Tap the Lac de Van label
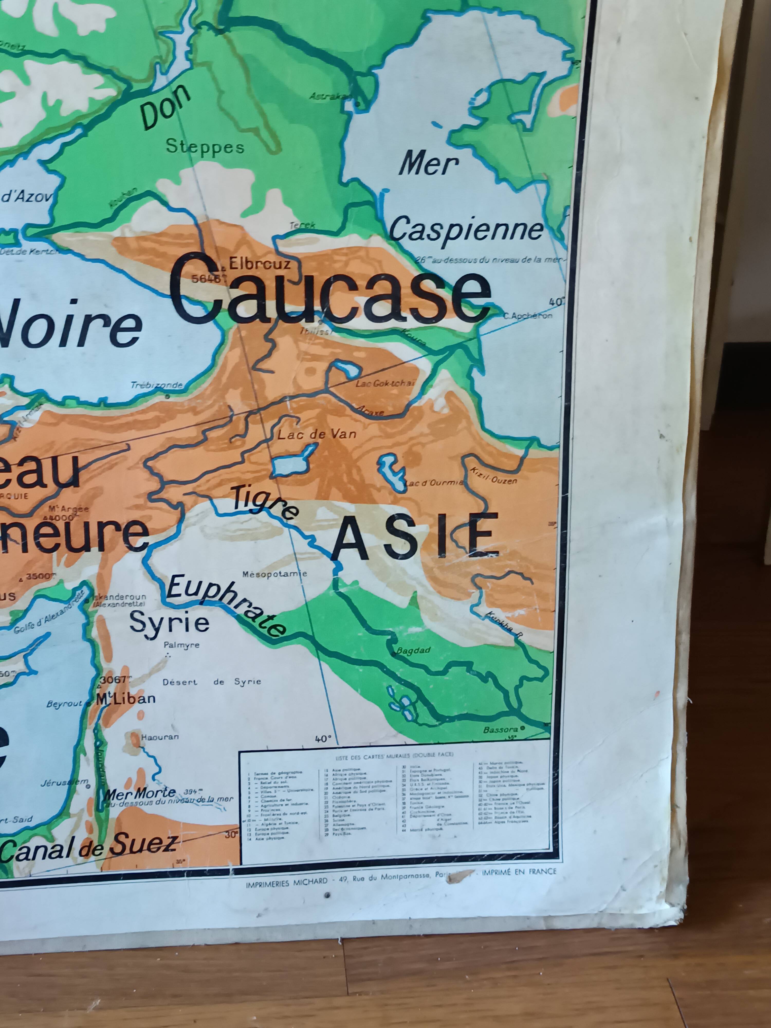pyautogui.click(x=317, y=434)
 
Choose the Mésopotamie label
pyautogui.click(x=275, y=574)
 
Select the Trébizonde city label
pyautogui.click(x=156, y=385)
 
